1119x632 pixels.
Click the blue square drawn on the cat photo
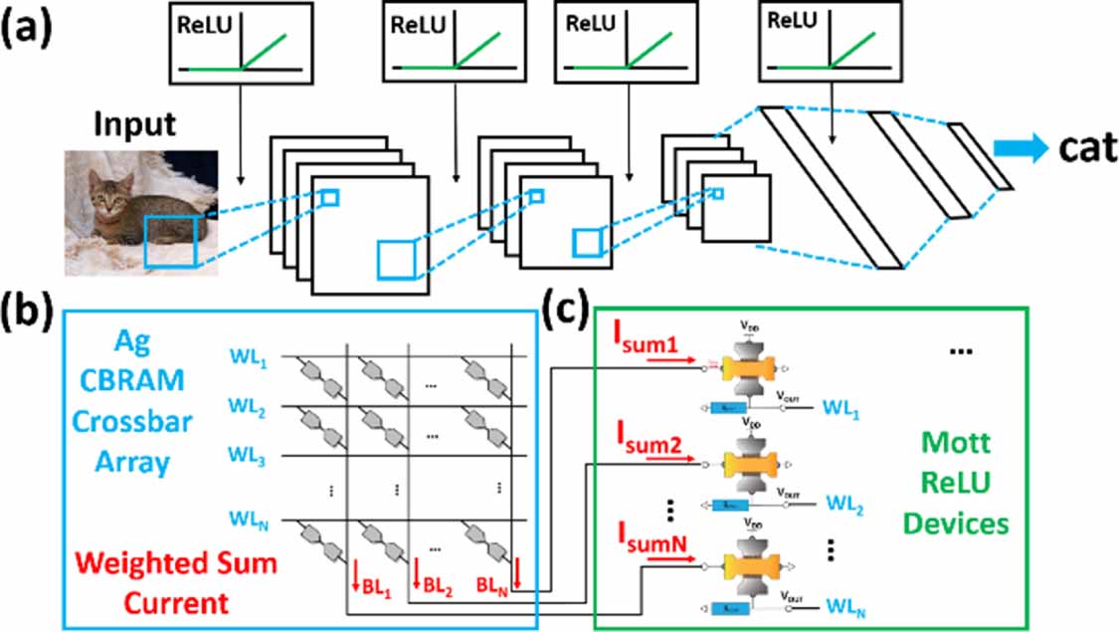pos(171,241)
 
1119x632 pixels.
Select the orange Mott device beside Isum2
pos(745,465)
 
